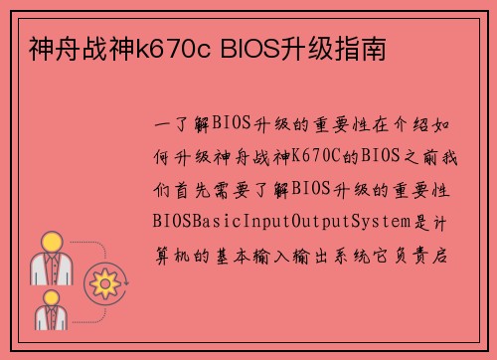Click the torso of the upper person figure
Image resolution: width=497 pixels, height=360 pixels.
[51, 268]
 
